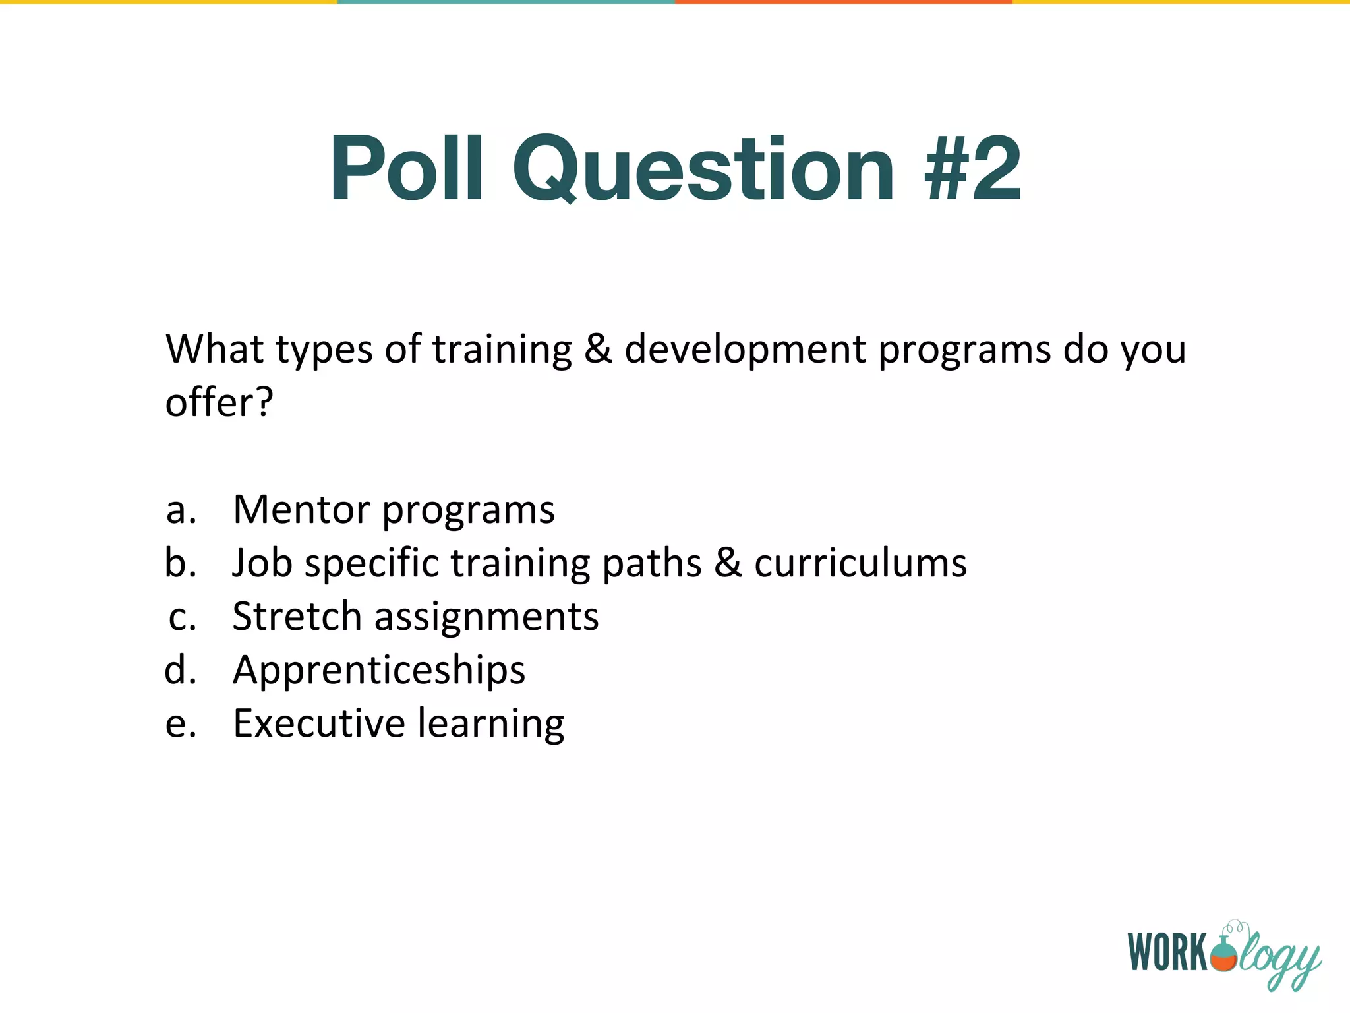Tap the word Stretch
297,617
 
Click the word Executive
319,723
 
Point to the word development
745,349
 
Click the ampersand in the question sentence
598,349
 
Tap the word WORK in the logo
1168,952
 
